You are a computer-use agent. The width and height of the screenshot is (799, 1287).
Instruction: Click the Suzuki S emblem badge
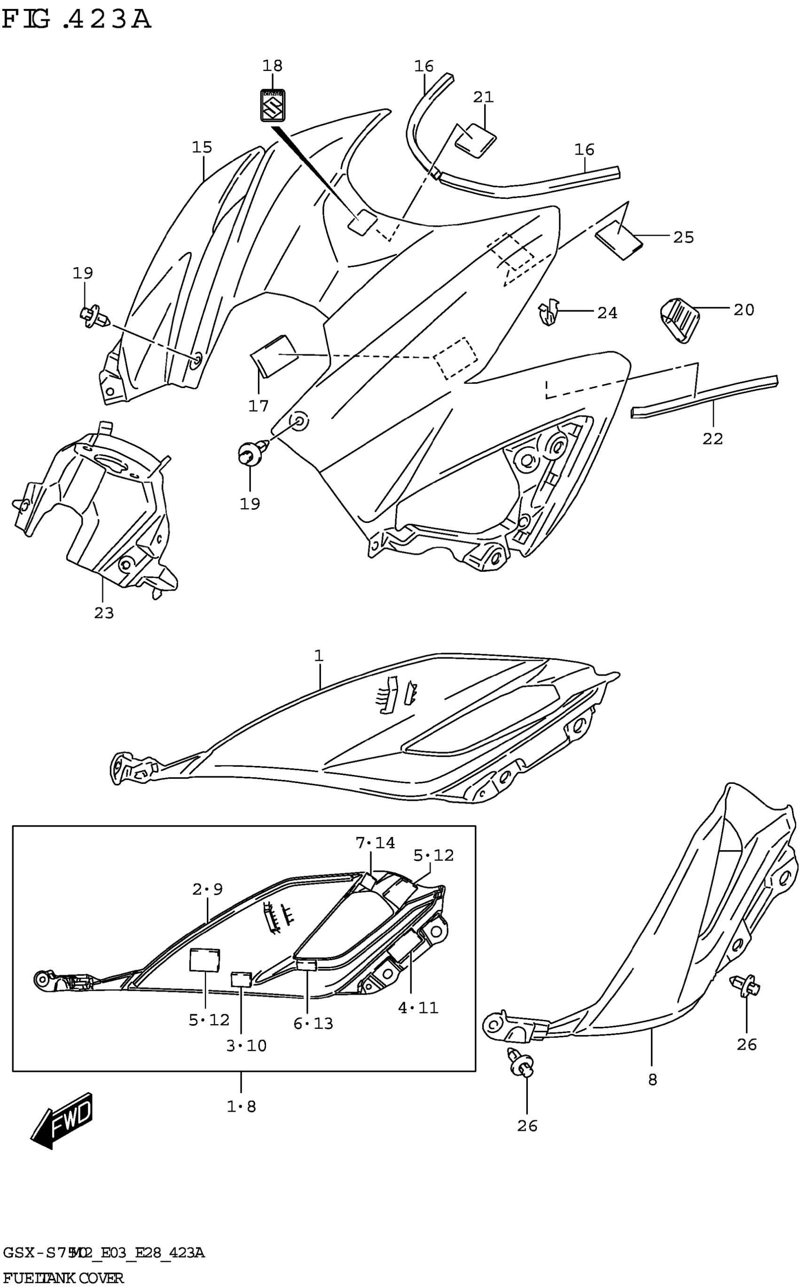point(273,105)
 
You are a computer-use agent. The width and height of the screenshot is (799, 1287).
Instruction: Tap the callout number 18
point(273,66)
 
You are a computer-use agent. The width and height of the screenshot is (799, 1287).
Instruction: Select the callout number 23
point(104,613)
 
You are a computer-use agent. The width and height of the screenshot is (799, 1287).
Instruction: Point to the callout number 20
point(744,310)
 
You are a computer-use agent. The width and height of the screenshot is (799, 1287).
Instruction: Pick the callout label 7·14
point(375,843)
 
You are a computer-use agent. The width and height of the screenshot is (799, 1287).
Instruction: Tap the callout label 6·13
point(313,1024)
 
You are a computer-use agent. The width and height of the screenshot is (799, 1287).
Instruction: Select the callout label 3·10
point(246,1045)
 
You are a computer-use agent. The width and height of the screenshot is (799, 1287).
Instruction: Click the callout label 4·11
point(418,1008)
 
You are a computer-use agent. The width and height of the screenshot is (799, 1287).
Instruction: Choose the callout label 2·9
point(207,889)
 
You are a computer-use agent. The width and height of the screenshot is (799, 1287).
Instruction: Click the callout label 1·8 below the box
point(241,1106)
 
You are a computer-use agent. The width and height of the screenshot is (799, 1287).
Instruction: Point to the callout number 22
point(713,439)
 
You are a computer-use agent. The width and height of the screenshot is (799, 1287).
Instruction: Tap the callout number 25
point(683,237)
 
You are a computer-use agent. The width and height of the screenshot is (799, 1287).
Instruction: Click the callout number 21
point(483,97)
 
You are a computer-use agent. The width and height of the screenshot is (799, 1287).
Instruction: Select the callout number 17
point(258,406)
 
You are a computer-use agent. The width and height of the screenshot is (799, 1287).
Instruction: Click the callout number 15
point(202,148)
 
